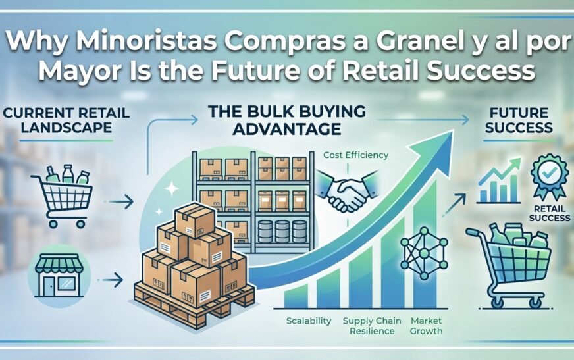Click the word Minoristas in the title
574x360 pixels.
point(139,44)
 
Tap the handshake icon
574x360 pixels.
point(347,190)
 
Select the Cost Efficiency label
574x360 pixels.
point(355,155)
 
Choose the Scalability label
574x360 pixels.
point(307,321)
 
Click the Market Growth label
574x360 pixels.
point(426,326)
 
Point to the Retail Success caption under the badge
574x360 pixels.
point(549,213)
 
